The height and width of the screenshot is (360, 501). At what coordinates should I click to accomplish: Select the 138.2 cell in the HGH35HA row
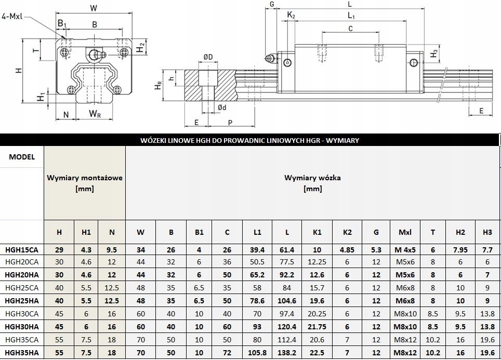pyautogui.click(x=287, y=353)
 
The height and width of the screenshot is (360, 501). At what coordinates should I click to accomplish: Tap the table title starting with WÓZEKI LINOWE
pyautogui.click(x=250, y=140)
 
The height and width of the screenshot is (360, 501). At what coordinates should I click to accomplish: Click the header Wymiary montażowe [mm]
pyautogui.click(x=84, y=183)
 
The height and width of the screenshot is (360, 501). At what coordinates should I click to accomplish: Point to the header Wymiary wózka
pyautogui.click(x=312, y=183)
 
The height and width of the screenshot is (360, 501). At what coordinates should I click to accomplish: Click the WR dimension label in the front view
pyautogui.click(x=95, y=114)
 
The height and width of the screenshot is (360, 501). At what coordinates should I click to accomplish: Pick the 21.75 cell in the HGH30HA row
pyautogui.click(x=317, y=327)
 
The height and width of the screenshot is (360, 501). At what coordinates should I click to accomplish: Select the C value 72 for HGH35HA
pyautogui.click(x=227, y=353)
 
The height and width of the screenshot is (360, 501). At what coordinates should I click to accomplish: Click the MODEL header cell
pyautogui.click(x=22, y=157)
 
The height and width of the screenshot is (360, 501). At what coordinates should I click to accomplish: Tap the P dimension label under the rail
pyautogui.click(x=230, y=122)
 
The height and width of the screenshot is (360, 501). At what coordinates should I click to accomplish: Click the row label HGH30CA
pyautogui.click(x=21, y=314)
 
